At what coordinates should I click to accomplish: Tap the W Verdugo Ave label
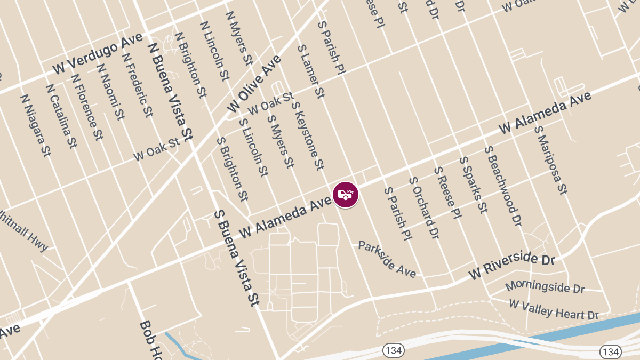[98, 55]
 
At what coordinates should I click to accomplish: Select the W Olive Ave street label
[254, 84]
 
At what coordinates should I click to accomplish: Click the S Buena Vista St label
[236, 258]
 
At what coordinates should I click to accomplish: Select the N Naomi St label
[111, 91]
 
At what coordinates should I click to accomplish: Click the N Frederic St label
[137, 84]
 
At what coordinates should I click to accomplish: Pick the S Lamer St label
[311, 71]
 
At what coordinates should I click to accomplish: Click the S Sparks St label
[473, 185]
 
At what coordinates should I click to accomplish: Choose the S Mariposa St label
[550, 160]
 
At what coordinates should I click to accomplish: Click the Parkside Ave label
[387, 259]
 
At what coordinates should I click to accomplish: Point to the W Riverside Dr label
[512, 266]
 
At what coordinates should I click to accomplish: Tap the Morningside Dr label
[545, 287]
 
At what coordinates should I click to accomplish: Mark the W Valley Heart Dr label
[554, 309]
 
